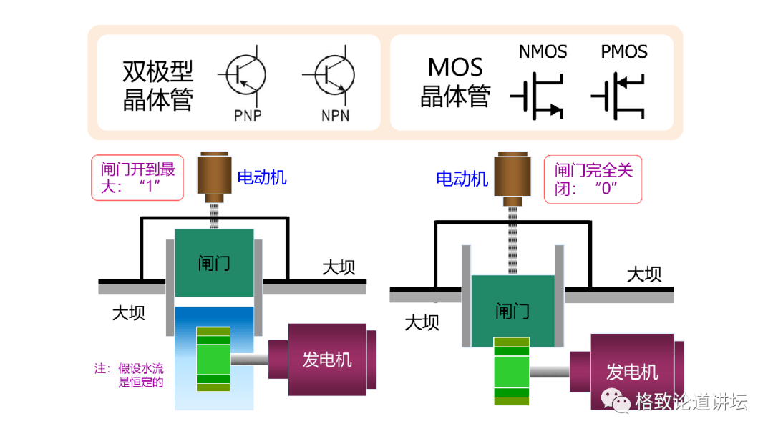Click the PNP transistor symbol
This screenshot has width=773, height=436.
(x=245, y=74)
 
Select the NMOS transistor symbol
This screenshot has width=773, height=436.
(x=537, y=99)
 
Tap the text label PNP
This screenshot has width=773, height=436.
(x=248, y=116)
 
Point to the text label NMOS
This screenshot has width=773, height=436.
(x=543, y=52)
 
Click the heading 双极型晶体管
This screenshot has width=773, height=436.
(x=158, y=85)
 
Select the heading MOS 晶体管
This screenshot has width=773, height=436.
(x=455, y=81)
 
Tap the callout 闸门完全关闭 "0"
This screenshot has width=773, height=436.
(x=593, y=179)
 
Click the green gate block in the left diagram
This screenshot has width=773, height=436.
(x=214, y=263)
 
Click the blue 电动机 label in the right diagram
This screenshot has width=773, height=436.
(x=462, y=178)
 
